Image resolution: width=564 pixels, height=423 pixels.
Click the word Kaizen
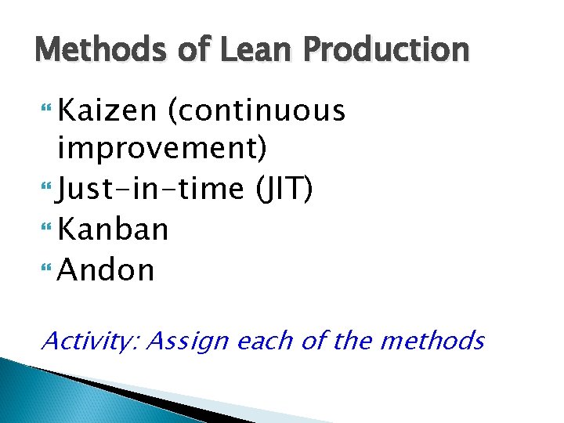108,112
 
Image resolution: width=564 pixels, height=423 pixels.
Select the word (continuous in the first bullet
256,112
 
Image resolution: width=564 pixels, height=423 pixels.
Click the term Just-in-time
148,189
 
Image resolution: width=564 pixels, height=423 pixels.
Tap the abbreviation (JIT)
281,189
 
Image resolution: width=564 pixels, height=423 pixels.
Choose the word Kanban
114,230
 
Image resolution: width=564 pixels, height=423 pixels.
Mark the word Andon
107,270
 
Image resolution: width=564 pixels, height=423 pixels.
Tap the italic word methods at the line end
444,341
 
